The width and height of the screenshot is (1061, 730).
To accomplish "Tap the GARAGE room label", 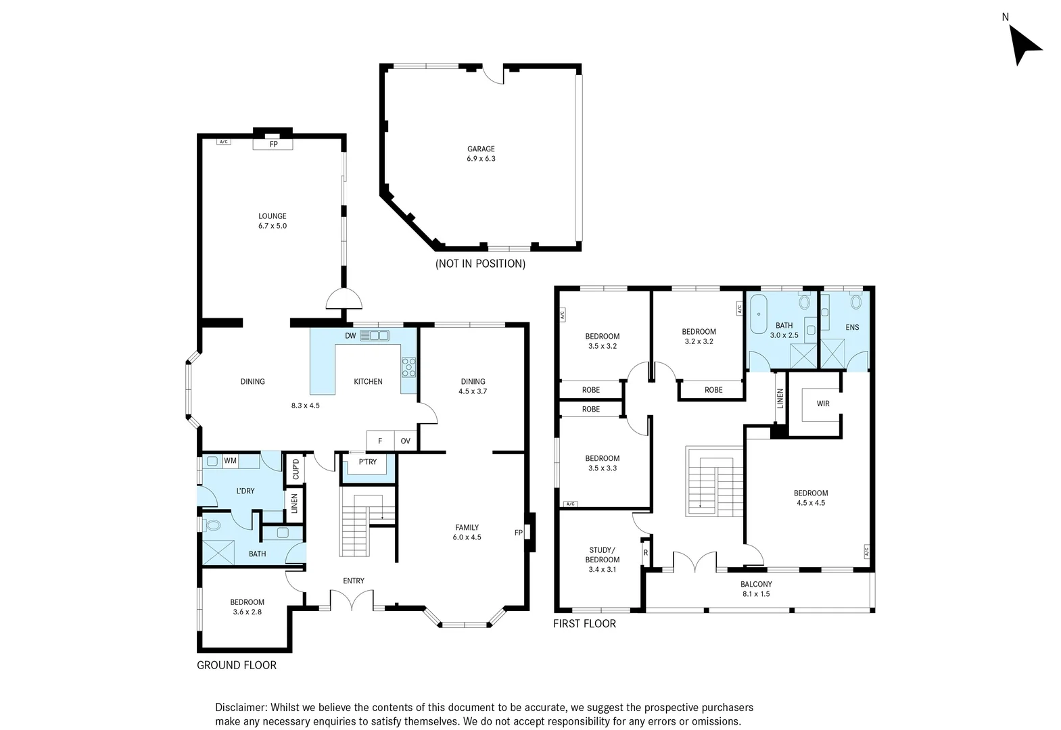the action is [x=481, y=149].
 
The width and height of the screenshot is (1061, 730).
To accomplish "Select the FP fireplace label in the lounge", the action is [x=273, y=145].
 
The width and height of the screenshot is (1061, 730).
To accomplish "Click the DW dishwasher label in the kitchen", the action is [x=350, y=336].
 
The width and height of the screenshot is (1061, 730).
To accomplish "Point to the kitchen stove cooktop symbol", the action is [x=408, y=368].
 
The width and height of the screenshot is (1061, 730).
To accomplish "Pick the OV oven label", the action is [x=406, y=441].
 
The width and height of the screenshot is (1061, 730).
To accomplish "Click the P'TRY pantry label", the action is [x=368, y=462].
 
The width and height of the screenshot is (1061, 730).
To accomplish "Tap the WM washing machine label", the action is [x=230, y=460].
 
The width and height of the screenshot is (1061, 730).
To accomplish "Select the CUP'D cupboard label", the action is [x=296, y=468].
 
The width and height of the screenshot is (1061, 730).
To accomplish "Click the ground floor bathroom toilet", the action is [x=212, y=525].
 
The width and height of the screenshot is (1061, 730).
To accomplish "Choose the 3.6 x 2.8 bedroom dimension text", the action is [x=247, y=612].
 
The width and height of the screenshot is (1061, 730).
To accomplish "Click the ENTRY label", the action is [x=354, y=581].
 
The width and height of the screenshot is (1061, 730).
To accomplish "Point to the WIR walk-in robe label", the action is [x=823, y=404].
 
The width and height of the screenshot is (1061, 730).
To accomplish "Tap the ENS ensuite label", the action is [x=852, y=327].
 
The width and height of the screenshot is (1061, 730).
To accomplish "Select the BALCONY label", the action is [x=757, y=584].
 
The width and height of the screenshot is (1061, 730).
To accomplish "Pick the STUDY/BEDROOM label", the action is [x=603, y=555].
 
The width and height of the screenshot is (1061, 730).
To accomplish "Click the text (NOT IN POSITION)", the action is [x=480, y=264].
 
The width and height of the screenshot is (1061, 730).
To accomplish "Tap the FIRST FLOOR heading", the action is [x=584, y=623].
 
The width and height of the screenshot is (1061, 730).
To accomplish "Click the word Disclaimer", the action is [x=241, y=707].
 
